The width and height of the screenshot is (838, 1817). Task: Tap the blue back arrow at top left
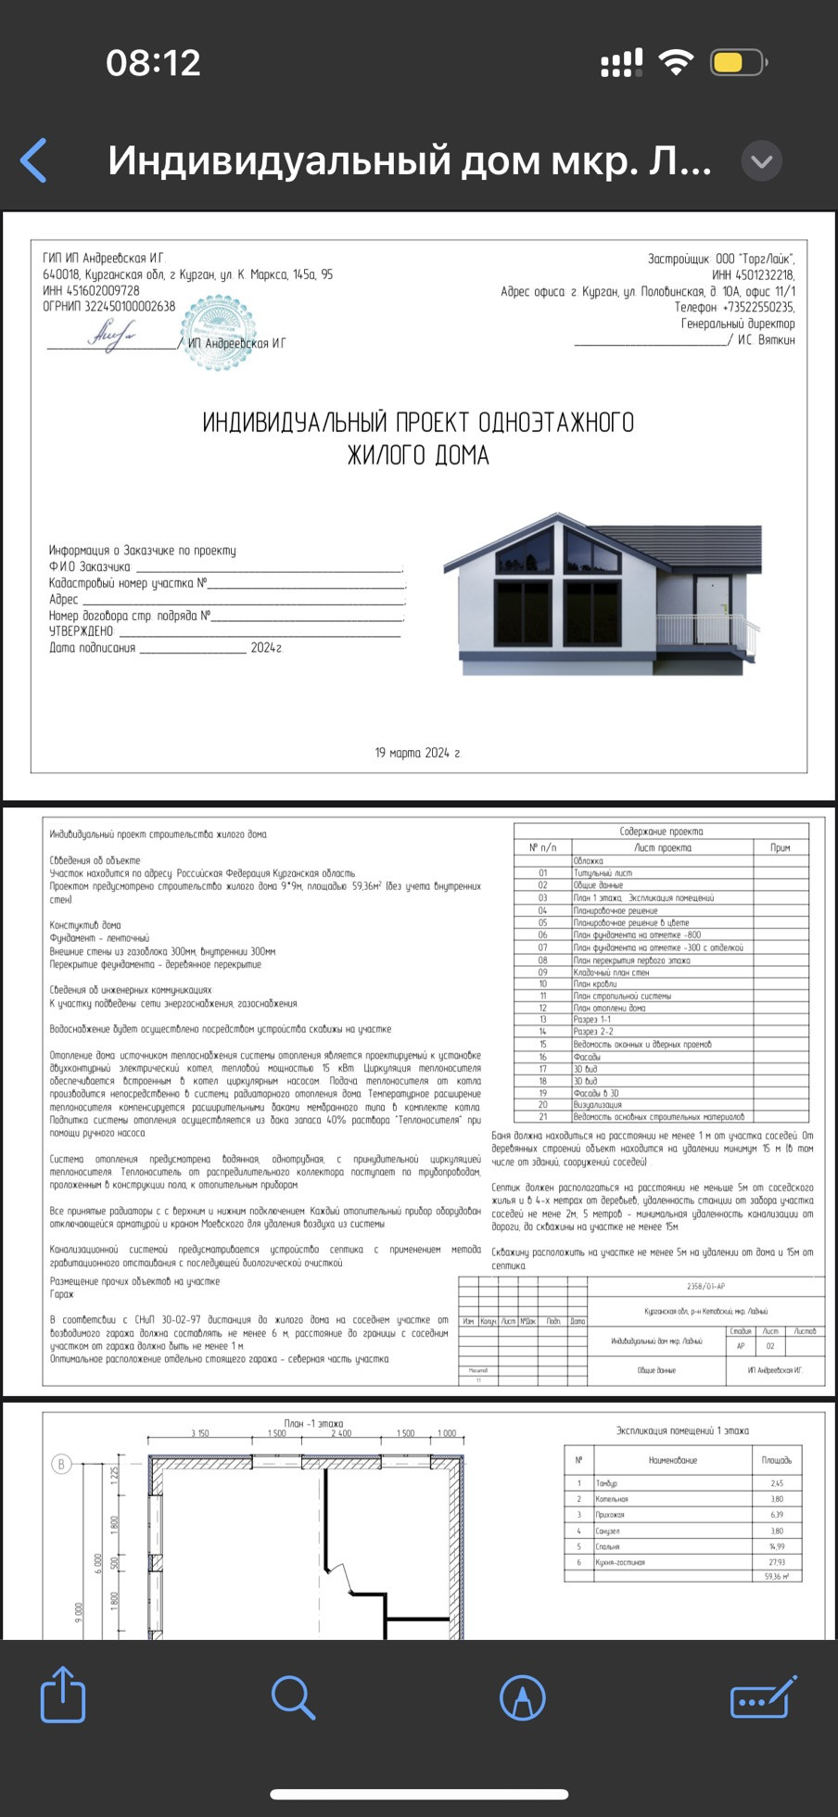pos(34,161)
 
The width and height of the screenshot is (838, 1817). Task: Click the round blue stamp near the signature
pos(217,332)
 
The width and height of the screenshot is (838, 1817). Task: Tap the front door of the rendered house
pos(713,608)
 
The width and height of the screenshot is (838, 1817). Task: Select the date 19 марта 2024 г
pos(417,753)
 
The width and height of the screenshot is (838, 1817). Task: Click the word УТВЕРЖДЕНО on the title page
pos(81,631)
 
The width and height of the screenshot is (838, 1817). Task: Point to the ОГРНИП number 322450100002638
pos(109,306)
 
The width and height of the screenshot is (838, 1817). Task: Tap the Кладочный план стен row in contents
pos(611,972)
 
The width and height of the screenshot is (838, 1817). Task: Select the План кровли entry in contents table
pos(594,985)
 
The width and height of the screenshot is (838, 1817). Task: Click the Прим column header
pos(780,847)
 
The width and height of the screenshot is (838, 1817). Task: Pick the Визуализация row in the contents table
pos(597,1105)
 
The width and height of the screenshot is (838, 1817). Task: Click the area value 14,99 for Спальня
pos(776,1546)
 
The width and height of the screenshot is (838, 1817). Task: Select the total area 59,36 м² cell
pos(776,1576)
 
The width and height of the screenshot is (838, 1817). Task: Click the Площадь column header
pos(776,1460)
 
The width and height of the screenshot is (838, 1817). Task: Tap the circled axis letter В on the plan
pos(61,1465)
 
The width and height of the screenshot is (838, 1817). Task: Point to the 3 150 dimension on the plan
pos(199,1433)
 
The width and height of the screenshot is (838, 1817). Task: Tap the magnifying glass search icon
pos(293,1697)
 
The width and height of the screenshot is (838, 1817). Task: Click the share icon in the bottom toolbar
pos(63,1696)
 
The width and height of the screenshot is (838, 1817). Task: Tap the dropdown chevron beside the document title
pos(762,161)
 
